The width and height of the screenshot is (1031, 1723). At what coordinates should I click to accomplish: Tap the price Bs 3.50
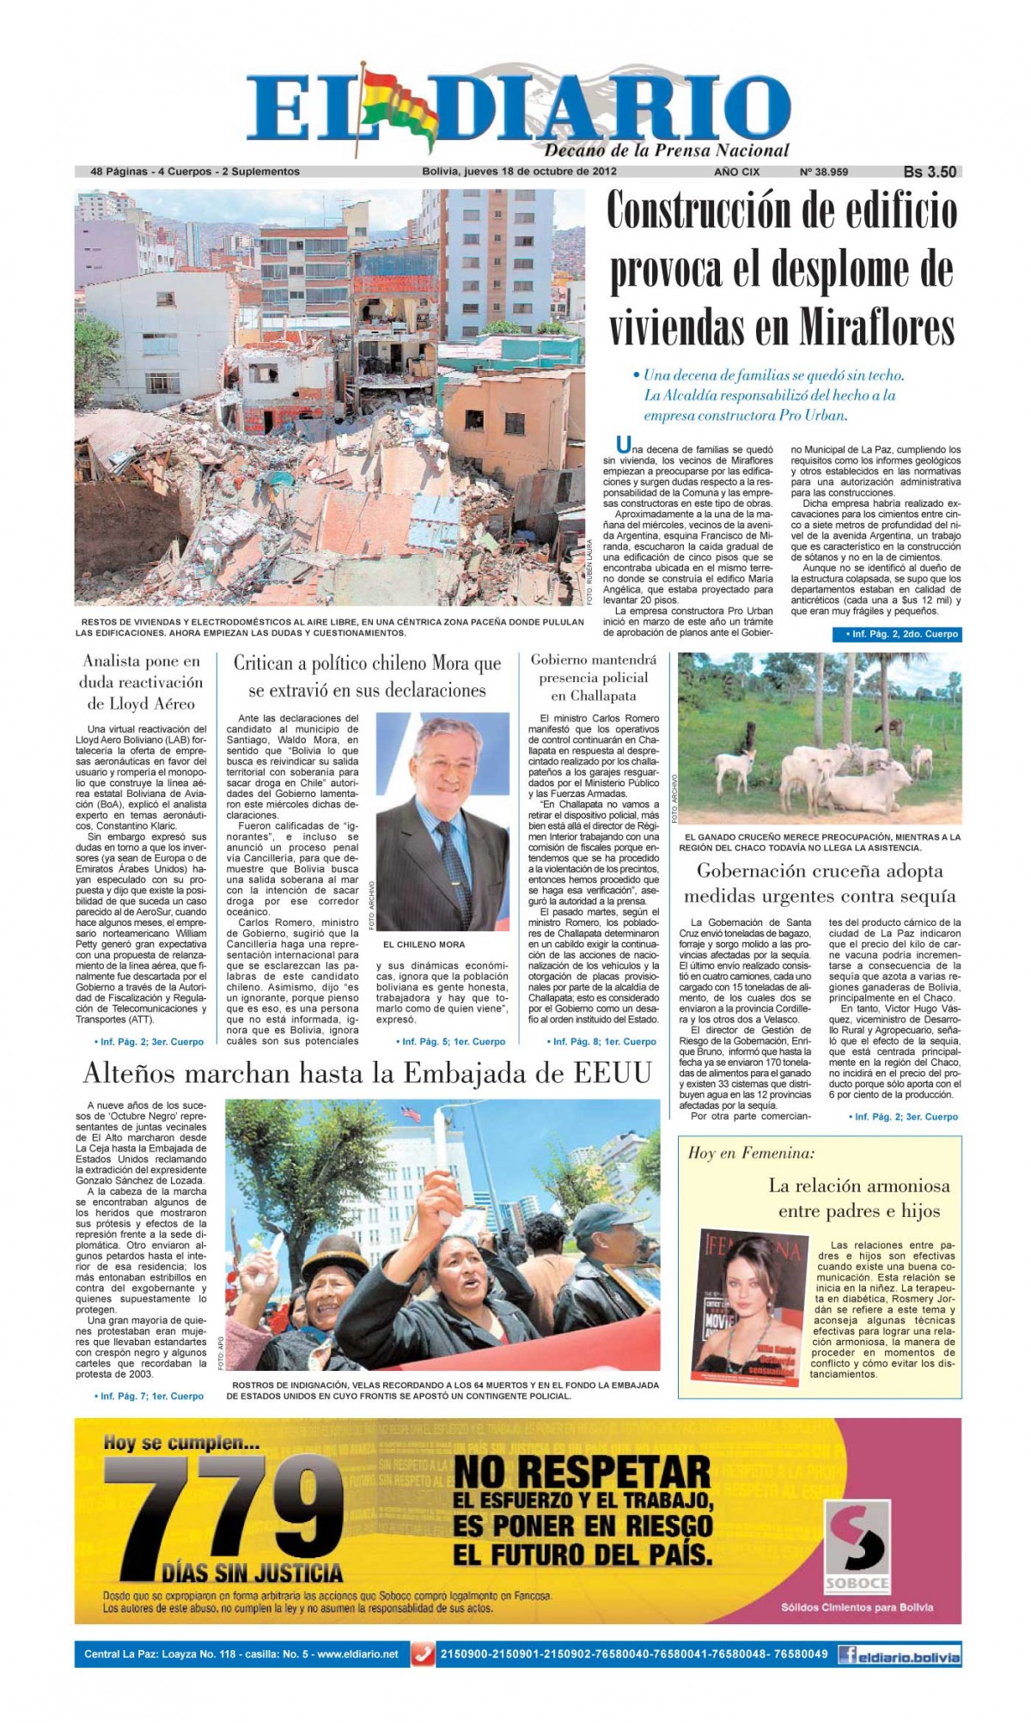(930, 172)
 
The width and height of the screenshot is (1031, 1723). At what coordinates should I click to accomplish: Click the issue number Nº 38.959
(823, 172)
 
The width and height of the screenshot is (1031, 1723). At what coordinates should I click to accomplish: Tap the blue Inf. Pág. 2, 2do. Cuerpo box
(895, 634)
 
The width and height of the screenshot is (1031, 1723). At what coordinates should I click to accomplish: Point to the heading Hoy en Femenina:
(750, 1153)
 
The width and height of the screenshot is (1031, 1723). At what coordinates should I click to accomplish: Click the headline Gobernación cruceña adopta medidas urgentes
(820, 883)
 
